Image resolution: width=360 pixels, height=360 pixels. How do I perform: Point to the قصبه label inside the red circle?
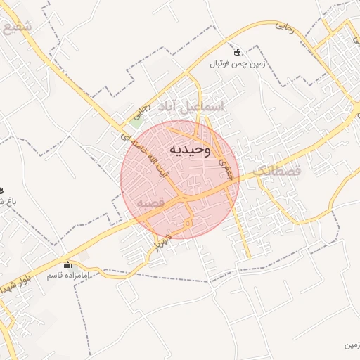pyautogui.click(x=150, y=202)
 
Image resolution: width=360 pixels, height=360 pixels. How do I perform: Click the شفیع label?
pyautogui.click(x=18, y=29)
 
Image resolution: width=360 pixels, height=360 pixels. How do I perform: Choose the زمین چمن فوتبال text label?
pyautogui.click(x=237, y=63)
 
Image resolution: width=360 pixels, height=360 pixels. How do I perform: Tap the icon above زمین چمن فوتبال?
pyautogui.click(x=237, y=52)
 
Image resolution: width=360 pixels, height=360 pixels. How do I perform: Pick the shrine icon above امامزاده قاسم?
pyautogui.click(x=67, y=265)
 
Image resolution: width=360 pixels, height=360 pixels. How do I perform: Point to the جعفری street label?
pyautogui.click(x=226, y=169)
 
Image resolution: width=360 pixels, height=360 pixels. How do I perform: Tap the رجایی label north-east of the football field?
pyautogui.click(x=284, y=27)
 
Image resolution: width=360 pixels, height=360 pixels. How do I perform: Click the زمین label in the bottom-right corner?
pyautogui.click(x=352, y=345)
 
